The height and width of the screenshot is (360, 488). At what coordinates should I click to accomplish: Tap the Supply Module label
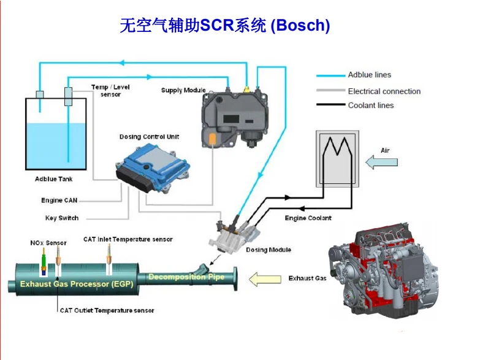[183, 90]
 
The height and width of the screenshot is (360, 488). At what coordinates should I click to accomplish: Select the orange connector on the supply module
[212, 139]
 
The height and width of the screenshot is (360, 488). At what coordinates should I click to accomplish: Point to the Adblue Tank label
[53, 178]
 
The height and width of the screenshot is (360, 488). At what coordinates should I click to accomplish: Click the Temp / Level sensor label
[110, 91]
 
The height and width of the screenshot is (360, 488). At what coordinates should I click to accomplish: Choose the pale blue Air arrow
[381, 163]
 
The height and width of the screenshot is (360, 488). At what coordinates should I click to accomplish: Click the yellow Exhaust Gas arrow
[265, 279]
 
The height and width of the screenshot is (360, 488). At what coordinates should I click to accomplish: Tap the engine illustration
[383, 270]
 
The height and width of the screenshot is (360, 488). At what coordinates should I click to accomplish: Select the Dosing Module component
[233, 236]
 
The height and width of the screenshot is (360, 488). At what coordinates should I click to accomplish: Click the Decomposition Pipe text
[186, 277]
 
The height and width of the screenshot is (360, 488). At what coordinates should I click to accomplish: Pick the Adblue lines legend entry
[354, 75]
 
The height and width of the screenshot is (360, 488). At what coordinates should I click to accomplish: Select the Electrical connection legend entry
[368, 91]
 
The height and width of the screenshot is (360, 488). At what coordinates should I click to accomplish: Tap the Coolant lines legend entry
[355, 105]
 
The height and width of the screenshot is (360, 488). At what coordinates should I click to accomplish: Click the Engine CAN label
[59, 201]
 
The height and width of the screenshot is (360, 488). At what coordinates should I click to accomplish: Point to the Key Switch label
[62, 218]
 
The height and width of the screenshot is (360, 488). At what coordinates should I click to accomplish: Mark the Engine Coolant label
[308, 218]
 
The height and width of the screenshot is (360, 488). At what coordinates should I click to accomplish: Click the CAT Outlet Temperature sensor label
[107, 310]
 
